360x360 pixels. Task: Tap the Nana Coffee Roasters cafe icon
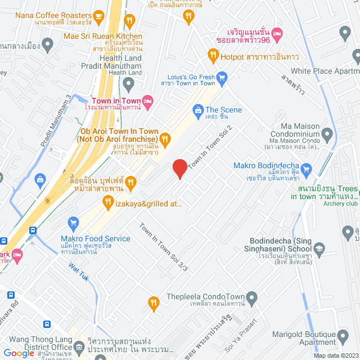99,16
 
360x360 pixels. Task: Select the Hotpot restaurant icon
213,56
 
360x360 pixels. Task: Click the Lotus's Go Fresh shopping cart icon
222,77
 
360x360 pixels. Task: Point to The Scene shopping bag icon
198,110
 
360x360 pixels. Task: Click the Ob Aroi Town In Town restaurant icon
165,138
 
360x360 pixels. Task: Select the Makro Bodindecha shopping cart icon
307,168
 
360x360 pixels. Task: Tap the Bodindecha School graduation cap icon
319,248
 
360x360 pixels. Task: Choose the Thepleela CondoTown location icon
251,296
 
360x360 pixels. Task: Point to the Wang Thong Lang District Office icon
79,343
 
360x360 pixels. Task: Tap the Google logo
19,353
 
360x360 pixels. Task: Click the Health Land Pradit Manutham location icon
129,85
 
